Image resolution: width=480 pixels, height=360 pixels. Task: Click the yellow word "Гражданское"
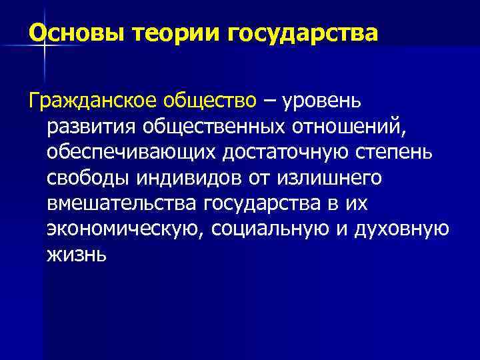94,101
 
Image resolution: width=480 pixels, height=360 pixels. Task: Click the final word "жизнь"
77,255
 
